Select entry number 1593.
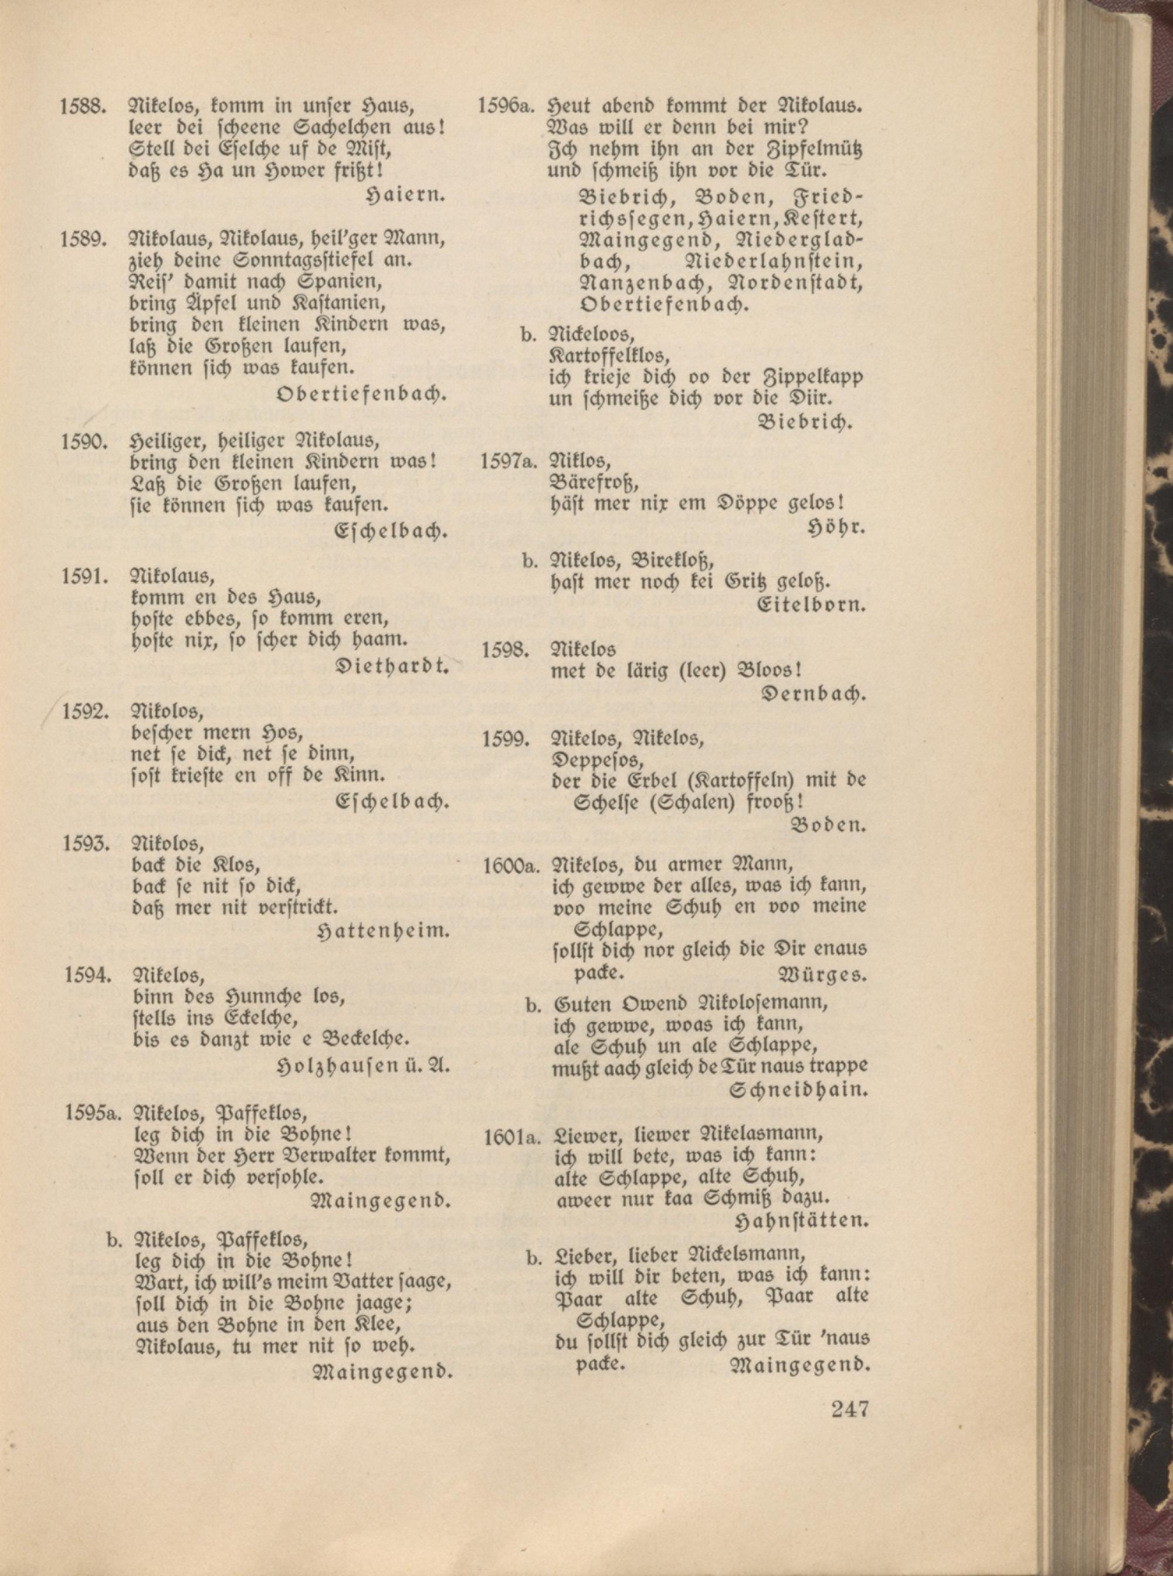coord(84,844)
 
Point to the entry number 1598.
coord(505,650)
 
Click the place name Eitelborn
coord(812,605)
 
